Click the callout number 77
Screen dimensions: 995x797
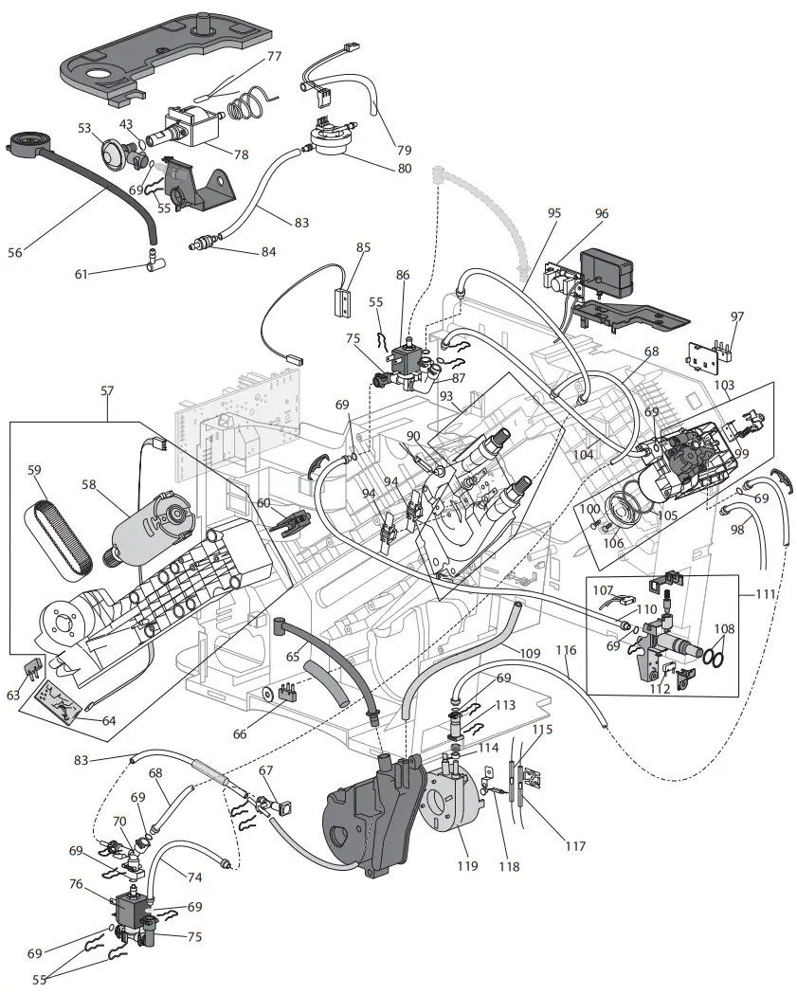[274, 56]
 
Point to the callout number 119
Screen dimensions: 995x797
[465, 866]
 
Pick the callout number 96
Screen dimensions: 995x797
[602, 214]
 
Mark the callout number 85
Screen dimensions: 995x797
[363, 248]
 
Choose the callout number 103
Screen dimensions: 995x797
[724, 386]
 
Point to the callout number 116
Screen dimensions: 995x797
[566, 651]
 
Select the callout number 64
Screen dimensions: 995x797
[108, 721]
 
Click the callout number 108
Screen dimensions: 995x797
[723, 628]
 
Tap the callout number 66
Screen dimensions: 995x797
[265, 733]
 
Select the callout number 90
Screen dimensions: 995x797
[413, 436]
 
